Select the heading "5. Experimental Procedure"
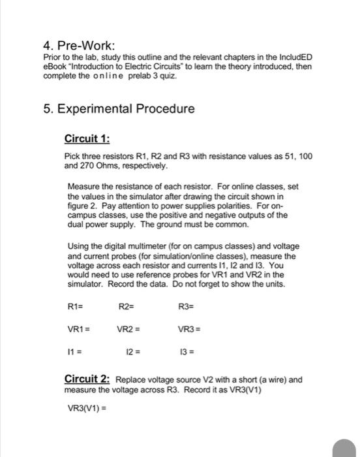118,108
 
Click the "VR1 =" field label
80,330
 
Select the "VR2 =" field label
130,330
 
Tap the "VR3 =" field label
190,330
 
